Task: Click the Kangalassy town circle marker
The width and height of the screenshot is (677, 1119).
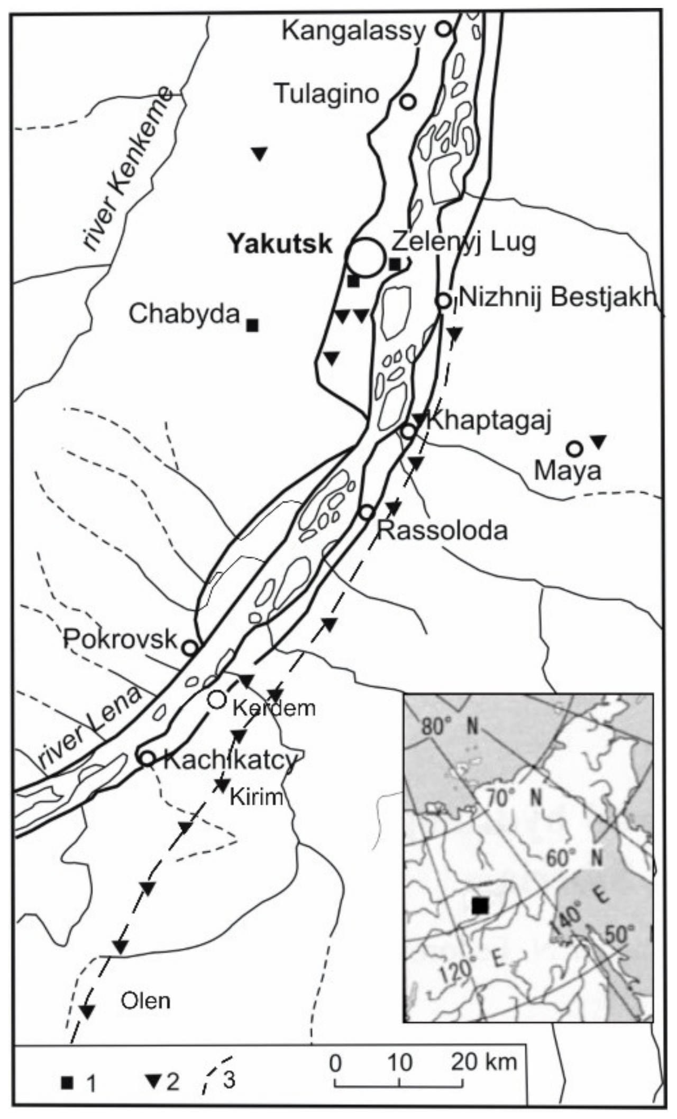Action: tap(444, 29)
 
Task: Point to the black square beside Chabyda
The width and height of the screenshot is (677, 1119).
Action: tap(253, 325)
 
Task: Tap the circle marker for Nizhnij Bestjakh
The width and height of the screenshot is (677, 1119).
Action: tap(443, 300)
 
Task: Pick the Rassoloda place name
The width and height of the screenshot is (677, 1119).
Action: tap(442, 530)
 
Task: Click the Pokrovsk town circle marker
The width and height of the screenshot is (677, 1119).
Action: tap(189, 647)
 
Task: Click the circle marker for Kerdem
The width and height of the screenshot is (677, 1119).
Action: tap(216, 699)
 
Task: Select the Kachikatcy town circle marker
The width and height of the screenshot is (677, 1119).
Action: tap(147, 758)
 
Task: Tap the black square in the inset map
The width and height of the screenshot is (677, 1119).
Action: tap(480, 905)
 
